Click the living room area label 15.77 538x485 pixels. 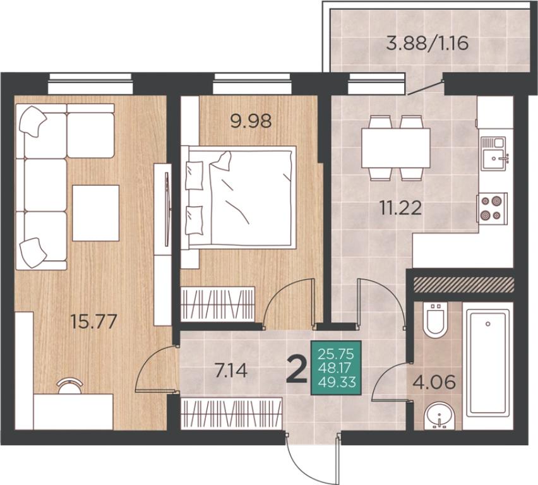pos(93,321)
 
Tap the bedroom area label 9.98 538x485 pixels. pos(251,121)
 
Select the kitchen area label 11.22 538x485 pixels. pos(400,208)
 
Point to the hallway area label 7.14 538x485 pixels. pos(230,371)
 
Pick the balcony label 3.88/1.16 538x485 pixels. pos(427,44)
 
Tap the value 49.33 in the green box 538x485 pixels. pos(337,381)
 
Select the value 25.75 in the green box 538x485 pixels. pos(336,353)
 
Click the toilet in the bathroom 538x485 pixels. pos(436,320)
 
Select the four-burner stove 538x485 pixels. pos(492,208)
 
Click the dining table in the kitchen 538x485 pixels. pos(396,148)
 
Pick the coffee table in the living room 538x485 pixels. pos(96,213)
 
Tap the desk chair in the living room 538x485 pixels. pos(70,386)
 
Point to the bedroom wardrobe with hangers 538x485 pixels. pos(217,304)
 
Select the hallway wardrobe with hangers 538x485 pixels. pos(232,413)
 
